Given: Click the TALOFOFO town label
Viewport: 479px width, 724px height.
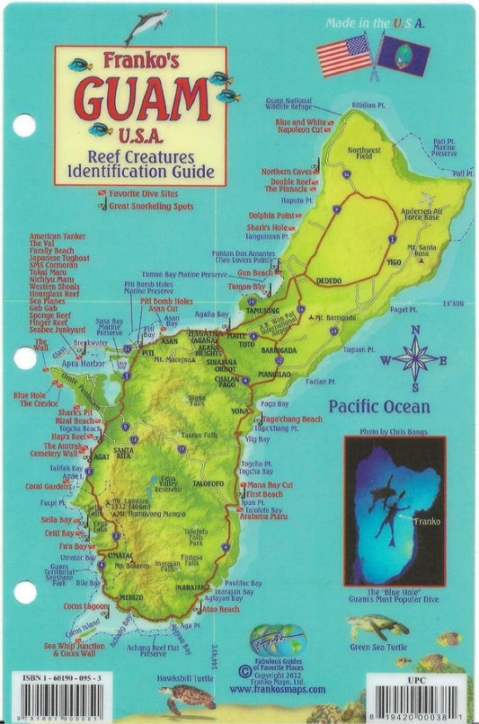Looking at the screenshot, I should [x=208, y=482].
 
